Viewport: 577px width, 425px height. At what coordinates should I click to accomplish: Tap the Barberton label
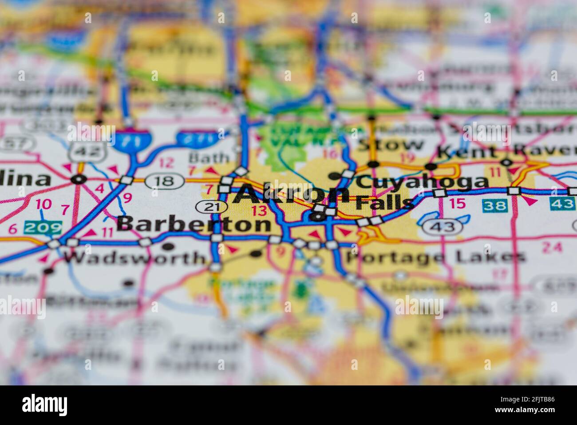[x=194, y=224]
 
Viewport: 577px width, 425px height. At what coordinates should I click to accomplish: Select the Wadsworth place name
[x=135, y=258]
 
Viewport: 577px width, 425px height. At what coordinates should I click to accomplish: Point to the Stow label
[x=390, y=144]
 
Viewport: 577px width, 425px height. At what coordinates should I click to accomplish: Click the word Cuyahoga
[x=422, y=181]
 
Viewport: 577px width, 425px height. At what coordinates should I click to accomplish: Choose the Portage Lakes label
[x=435, y=257]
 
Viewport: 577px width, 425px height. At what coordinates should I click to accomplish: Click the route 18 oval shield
[x=165, y=180]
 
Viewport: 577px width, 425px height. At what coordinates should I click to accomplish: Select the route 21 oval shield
[x=211, y=206]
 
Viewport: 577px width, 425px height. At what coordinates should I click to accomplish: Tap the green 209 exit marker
[x=43, y=228]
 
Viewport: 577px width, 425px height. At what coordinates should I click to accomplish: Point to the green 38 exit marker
[x=495, y=205]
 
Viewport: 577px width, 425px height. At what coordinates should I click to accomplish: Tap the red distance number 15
[x=458, y=204]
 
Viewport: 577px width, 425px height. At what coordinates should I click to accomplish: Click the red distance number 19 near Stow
[x=407, y=157]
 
